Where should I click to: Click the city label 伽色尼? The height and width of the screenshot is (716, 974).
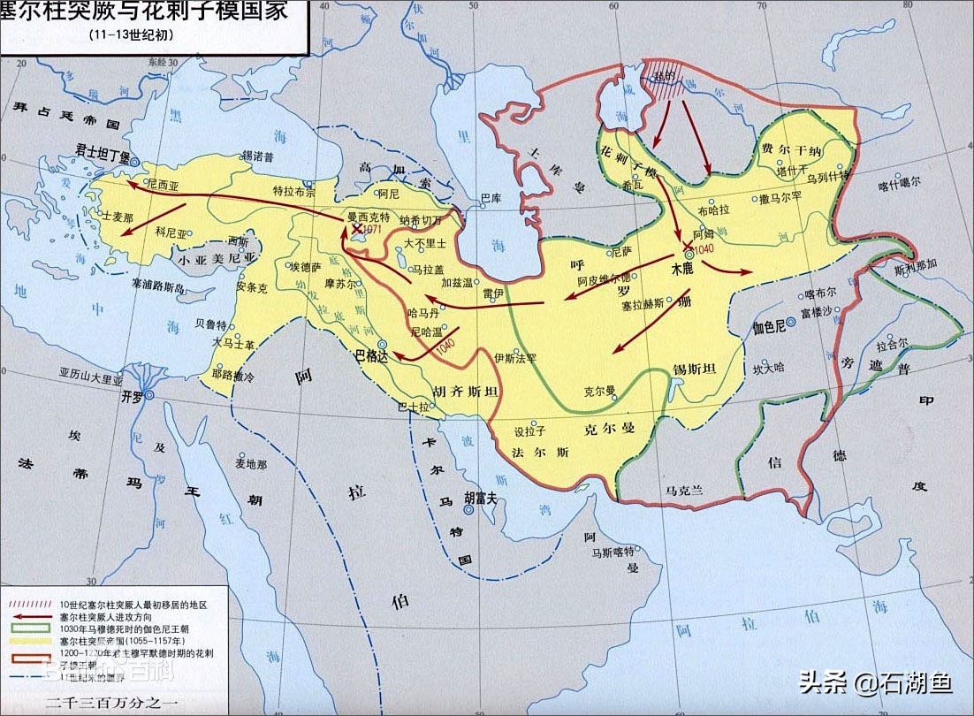(769, 325)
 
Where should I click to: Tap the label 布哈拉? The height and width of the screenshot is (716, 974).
(714, 211)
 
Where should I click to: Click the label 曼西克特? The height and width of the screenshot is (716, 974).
(368, 217)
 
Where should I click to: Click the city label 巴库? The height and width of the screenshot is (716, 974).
(491, 198)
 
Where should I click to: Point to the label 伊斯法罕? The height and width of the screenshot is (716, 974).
(515, 358)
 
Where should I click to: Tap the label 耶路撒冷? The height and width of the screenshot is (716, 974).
(232, 376)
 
